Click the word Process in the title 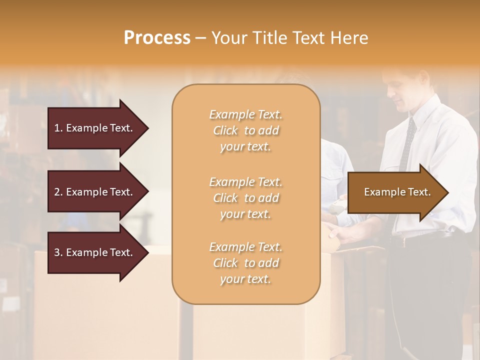(x=157, y=38)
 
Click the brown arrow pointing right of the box (x=395, y=192)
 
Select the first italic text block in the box (x=246, y=130)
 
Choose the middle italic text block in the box (x=246, y=198)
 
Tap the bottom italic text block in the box (x=246, y=263)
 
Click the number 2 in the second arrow (x=57, y=192)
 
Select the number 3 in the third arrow (x=57, y=252)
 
